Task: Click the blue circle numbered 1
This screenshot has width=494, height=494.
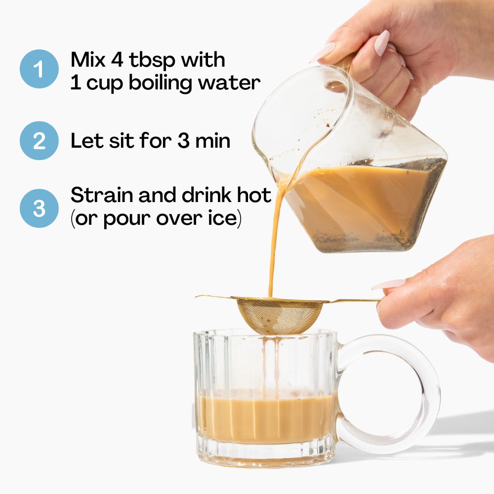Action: point(39,69)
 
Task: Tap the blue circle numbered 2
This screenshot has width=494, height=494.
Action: point(39,140)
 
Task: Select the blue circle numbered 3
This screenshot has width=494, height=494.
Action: point(39,208)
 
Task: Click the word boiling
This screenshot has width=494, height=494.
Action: point(161,82)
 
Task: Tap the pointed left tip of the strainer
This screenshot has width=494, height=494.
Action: point(196,296)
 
